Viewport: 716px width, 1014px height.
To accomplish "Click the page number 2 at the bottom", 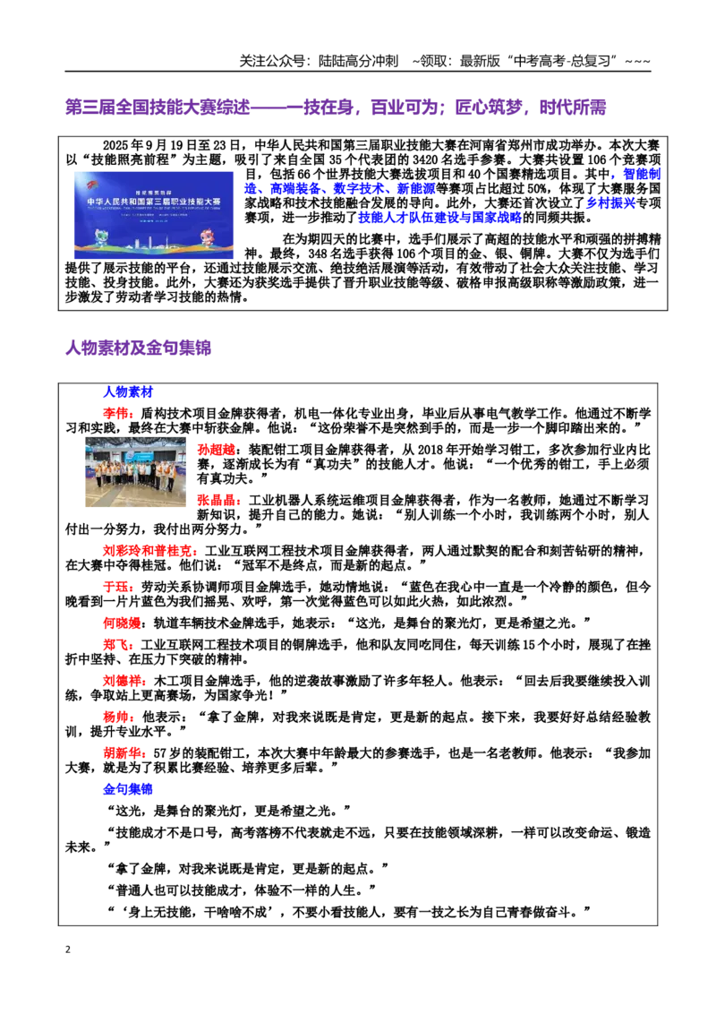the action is (x=68, y=950).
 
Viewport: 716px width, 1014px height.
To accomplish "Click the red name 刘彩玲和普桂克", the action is (x=148, y=550).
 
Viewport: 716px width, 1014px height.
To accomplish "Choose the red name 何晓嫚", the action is (x=122, y=623).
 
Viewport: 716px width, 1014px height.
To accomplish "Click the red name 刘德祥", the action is (x=122, y=681).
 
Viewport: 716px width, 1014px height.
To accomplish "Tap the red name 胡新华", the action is (x=122, y=753).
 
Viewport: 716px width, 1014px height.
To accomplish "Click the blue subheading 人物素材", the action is (x=128, y=391).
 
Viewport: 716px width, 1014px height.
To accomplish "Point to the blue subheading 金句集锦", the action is (x=128, y=789).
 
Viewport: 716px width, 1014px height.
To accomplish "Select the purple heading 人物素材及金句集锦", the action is (x=139, y=348).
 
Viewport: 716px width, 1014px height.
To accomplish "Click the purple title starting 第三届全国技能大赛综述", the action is (x=336, y=107).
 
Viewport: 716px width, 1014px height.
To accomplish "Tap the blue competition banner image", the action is (x=153, y=215).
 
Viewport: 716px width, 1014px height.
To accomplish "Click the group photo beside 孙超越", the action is (x=136, y=471).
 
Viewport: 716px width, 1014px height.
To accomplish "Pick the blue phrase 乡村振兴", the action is (x=610, y=203).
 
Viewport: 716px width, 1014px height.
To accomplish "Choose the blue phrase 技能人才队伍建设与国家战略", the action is (x=440, y=218).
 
